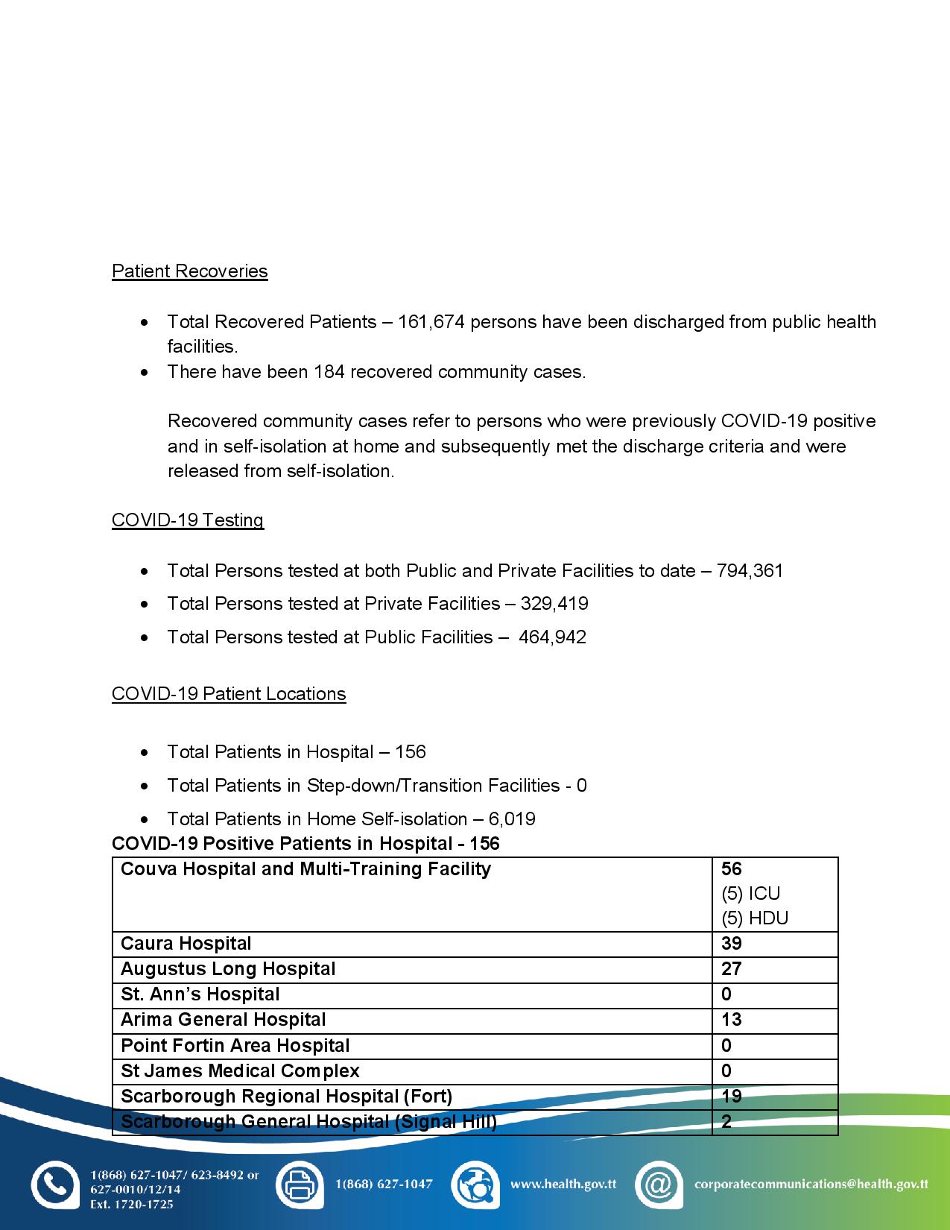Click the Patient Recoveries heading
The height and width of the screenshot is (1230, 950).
click(x=189, y=271)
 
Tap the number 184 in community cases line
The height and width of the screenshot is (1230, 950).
click(x=329, y=372)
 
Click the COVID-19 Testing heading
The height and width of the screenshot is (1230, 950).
click(x=188, y=520)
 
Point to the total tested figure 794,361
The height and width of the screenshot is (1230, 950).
click(x=750, y=571)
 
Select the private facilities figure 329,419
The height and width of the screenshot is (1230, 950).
click(x=554, y=604)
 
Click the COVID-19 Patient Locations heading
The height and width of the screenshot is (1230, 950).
click(x=229, y=694)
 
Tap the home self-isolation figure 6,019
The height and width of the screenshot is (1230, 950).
click(x=512, y=819)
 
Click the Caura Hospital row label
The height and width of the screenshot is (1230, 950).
click(x=186, y=944)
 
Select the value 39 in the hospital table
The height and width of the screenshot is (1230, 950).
click(x=732, y=944)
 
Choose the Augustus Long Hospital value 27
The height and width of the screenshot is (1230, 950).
click(x=732, y=969)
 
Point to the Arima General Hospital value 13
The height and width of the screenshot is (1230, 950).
click(x=732, y=1020)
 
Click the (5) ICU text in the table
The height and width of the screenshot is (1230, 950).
click(x=751, y=894)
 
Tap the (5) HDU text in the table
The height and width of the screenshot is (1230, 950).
click(x=755, y=918)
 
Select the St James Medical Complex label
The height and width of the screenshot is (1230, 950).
click(x=240, y=1071)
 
